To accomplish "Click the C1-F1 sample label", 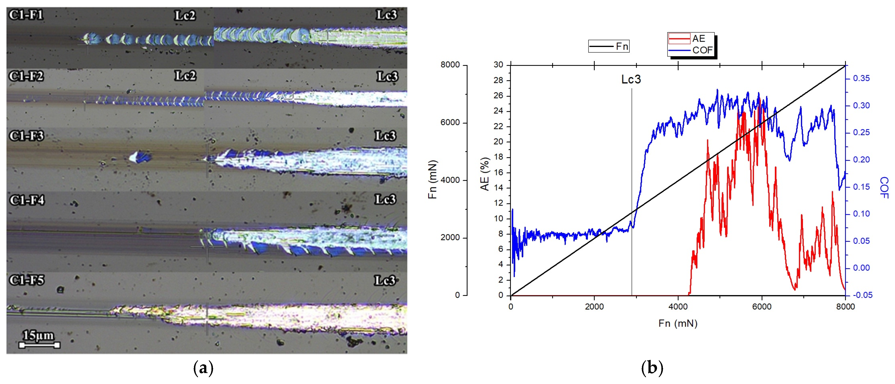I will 26,15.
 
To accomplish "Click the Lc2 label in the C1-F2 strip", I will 185,76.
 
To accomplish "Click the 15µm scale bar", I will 39,345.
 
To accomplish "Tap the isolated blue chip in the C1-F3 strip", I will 140,157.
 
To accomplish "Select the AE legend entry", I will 691,38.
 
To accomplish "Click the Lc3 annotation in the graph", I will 631,80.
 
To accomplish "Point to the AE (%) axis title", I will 485,174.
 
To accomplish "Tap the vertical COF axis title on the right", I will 884,187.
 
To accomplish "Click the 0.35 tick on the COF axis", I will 862,78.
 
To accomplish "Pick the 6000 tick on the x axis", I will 762,307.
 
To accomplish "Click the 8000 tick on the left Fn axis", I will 450,65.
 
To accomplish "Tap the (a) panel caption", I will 203,368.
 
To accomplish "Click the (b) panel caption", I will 652,368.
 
